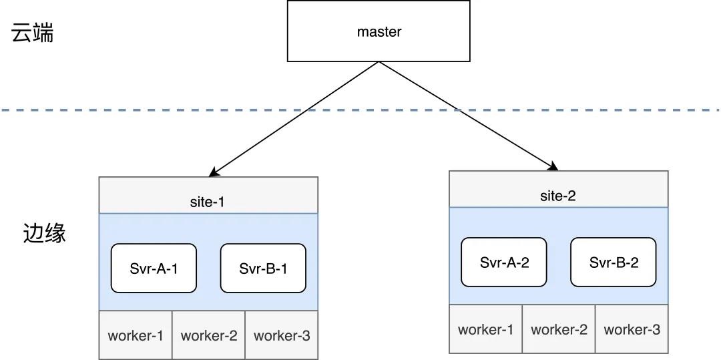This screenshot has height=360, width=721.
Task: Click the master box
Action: point(379,31)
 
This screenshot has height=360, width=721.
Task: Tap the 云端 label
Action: point(32,33)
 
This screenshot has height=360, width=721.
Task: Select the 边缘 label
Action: point(45,233)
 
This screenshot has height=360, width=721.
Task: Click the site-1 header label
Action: point(207,202)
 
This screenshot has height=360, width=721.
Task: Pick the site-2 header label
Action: point(557,196)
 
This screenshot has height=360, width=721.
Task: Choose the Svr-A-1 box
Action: point(154,268)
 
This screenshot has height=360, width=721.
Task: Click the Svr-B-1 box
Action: point(263,268)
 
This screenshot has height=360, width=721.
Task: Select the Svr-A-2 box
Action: point(504,262)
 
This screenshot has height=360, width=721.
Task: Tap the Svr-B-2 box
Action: point(614,262)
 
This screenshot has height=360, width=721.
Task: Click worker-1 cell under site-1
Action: point(136,335)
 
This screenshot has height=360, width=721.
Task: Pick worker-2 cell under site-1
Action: point(209,335)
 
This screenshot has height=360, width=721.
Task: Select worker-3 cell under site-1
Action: point(282,335)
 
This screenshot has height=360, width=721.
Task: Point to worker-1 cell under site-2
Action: point(486,329)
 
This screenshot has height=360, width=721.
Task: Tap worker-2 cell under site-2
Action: point(559,329)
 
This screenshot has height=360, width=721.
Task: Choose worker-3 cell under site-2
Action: point(632,329)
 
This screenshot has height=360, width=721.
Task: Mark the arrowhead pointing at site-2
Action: point(553,166)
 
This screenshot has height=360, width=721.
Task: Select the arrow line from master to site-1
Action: point(293,119)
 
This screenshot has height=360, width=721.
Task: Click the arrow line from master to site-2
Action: point(469,116)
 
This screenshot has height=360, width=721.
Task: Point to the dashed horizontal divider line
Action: point(360,110)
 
